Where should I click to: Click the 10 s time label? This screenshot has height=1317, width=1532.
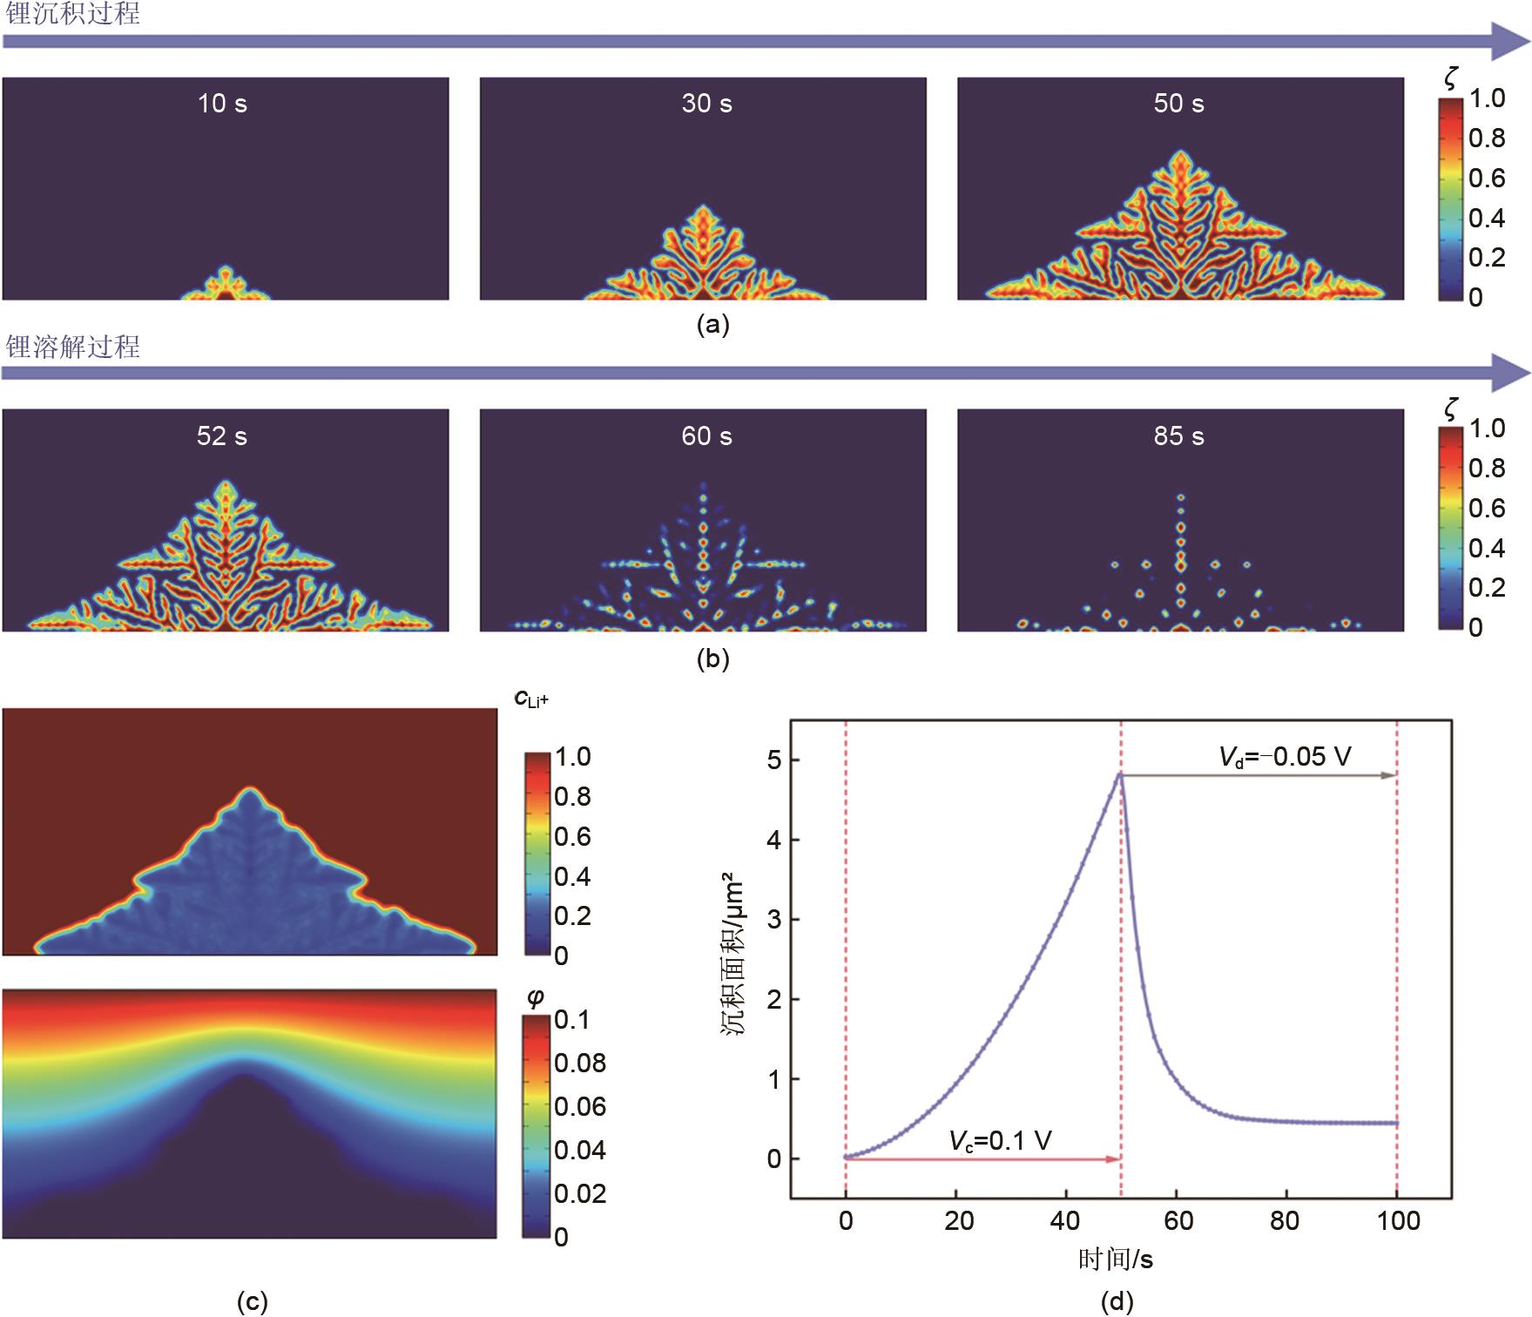[x=222, y=104]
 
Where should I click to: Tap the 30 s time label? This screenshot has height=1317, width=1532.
[x=706, y=104]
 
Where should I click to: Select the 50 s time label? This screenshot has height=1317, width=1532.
[x=1178, y=104]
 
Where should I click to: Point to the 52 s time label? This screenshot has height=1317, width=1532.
[x=222, y=436]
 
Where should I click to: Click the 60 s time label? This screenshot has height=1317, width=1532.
[x=706, y=436]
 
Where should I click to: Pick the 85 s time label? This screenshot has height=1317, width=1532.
[x=1178, y=436]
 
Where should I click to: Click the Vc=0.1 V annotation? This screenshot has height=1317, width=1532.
[x=1000, y=1140]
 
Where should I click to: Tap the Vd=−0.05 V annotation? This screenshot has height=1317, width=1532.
[x=1285, y=756]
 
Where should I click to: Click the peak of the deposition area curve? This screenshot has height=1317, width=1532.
[x=1120, y=773]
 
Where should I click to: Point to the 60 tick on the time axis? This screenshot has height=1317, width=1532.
[x=1178, y=1220]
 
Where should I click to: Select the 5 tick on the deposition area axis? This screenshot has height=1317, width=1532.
[x=774, y=760]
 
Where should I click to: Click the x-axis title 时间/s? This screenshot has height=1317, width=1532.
[x=1116, y=1259]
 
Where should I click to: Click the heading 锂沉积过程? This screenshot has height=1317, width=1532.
[x=72, y=14]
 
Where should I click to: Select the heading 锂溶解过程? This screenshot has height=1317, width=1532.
[x=72, y=347]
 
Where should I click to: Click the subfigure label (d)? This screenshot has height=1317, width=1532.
[x=1117, y=1301]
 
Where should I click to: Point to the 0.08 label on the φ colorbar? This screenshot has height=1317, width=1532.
[x=580, y=1064]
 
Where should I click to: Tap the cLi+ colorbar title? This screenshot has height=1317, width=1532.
[x=531, y=699]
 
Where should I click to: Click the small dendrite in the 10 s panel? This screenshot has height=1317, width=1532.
[x=226, y=285]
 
